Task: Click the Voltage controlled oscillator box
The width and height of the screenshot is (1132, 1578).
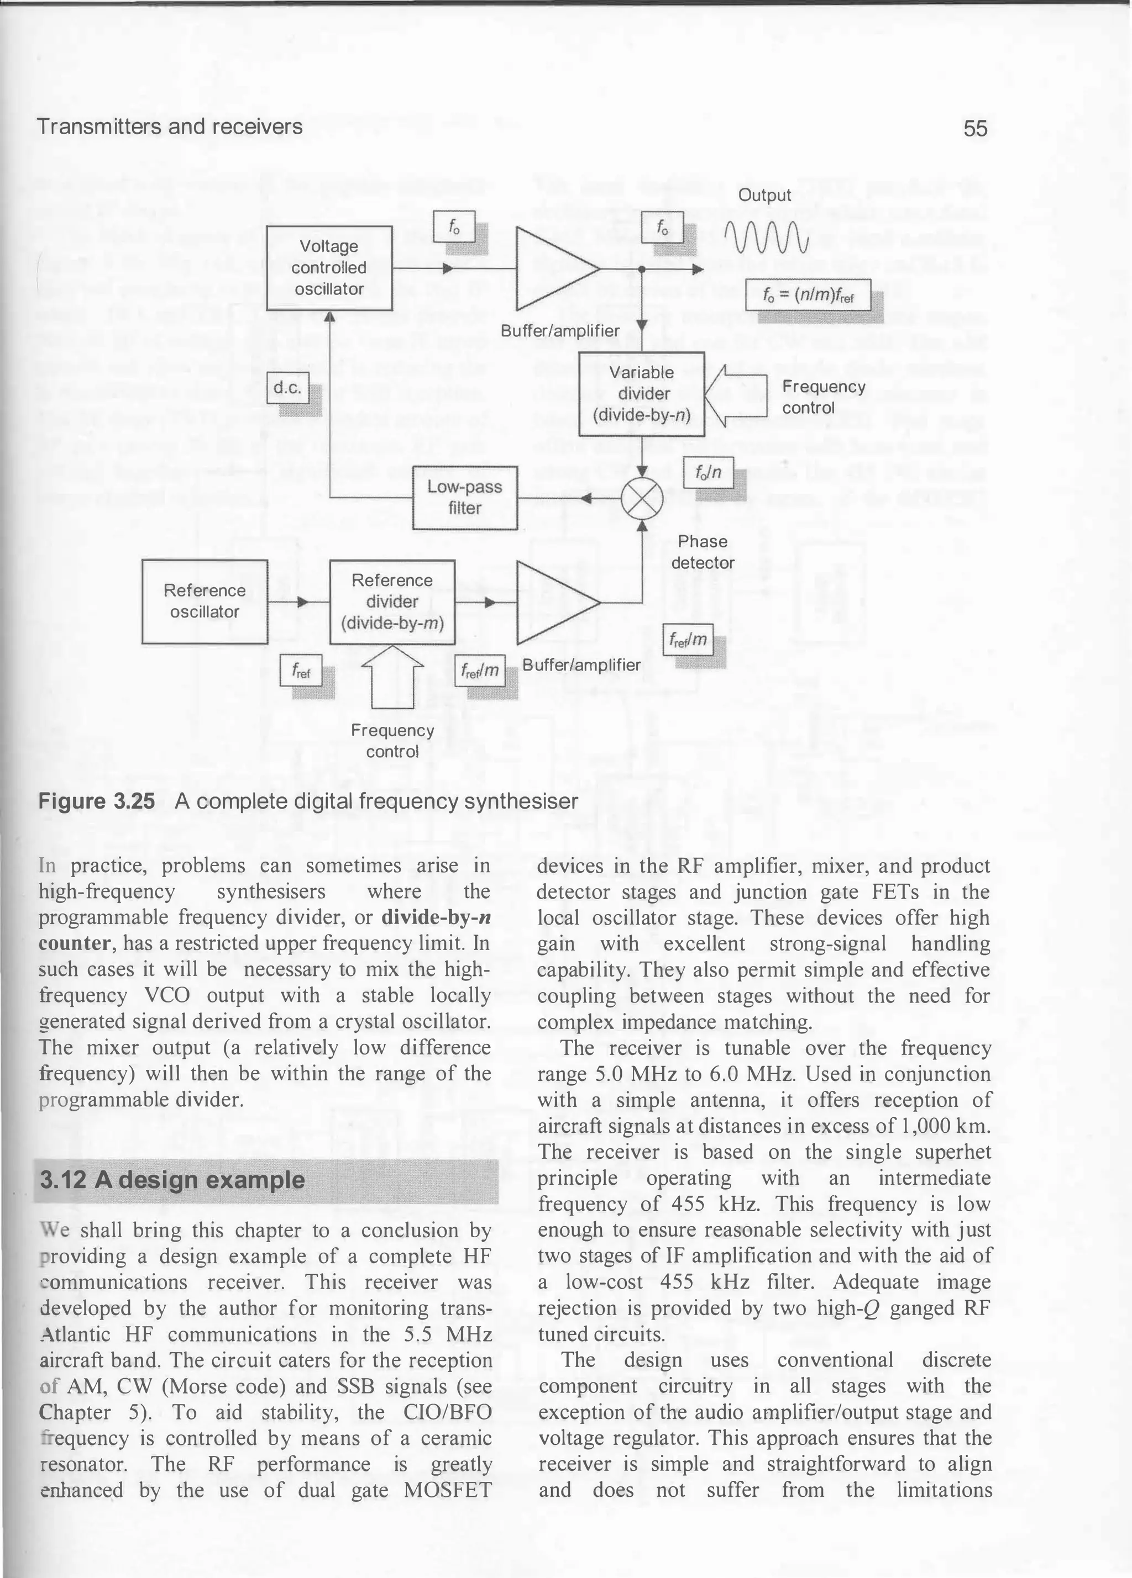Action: [329, 268]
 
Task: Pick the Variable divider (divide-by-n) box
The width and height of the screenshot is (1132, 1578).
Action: [642, 394]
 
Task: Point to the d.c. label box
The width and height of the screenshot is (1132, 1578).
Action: [287, 388]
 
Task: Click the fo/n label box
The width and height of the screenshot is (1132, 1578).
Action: [708, 473]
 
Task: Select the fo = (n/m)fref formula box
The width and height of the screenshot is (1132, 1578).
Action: [808, 294]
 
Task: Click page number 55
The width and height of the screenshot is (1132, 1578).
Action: [974, 128]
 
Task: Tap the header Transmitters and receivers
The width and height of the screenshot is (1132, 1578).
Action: [169, 126]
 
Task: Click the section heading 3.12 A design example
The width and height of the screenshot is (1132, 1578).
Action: [172, 1180]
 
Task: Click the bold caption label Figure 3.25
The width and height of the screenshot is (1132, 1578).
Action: [96, 801]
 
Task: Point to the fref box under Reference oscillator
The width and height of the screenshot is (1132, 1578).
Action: [301, 672]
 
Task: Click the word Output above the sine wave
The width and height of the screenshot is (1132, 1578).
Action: [764, 196]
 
